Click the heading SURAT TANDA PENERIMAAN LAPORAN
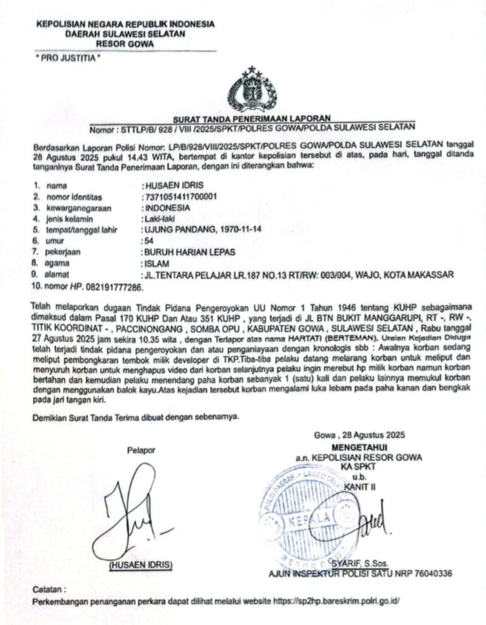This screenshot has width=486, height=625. point(252,118)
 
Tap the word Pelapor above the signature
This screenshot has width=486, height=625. point(140,450)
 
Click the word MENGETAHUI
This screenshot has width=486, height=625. point(358,447)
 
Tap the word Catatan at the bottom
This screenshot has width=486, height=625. point(49,589)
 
